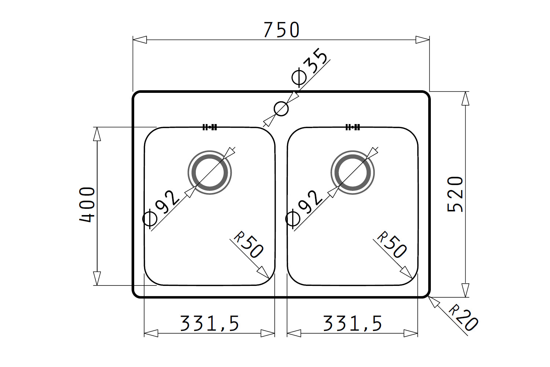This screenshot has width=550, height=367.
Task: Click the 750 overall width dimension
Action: point(281,30)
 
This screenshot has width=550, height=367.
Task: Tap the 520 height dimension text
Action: point(455,194)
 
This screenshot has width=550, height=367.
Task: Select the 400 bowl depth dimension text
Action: point(87,205)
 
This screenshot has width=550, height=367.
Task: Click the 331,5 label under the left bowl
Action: point(209,323)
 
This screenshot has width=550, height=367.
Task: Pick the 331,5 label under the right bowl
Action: point(352,323)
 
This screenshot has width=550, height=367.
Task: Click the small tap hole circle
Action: point(281,109)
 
